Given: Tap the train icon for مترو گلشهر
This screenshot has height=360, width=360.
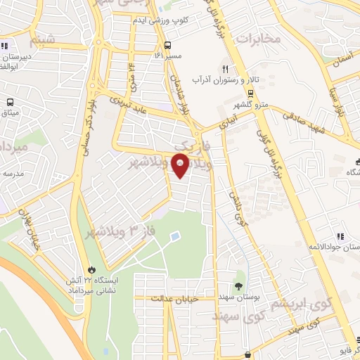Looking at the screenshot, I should [250, 93].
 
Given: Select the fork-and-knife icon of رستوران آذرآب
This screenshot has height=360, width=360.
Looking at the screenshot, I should [226, 69].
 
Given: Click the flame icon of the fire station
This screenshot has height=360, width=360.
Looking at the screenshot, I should [90, 269].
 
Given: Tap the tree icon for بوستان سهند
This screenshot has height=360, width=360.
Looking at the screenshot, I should [238, 285].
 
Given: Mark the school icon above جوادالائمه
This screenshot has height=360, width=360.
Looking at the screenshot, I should [340, 236].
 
